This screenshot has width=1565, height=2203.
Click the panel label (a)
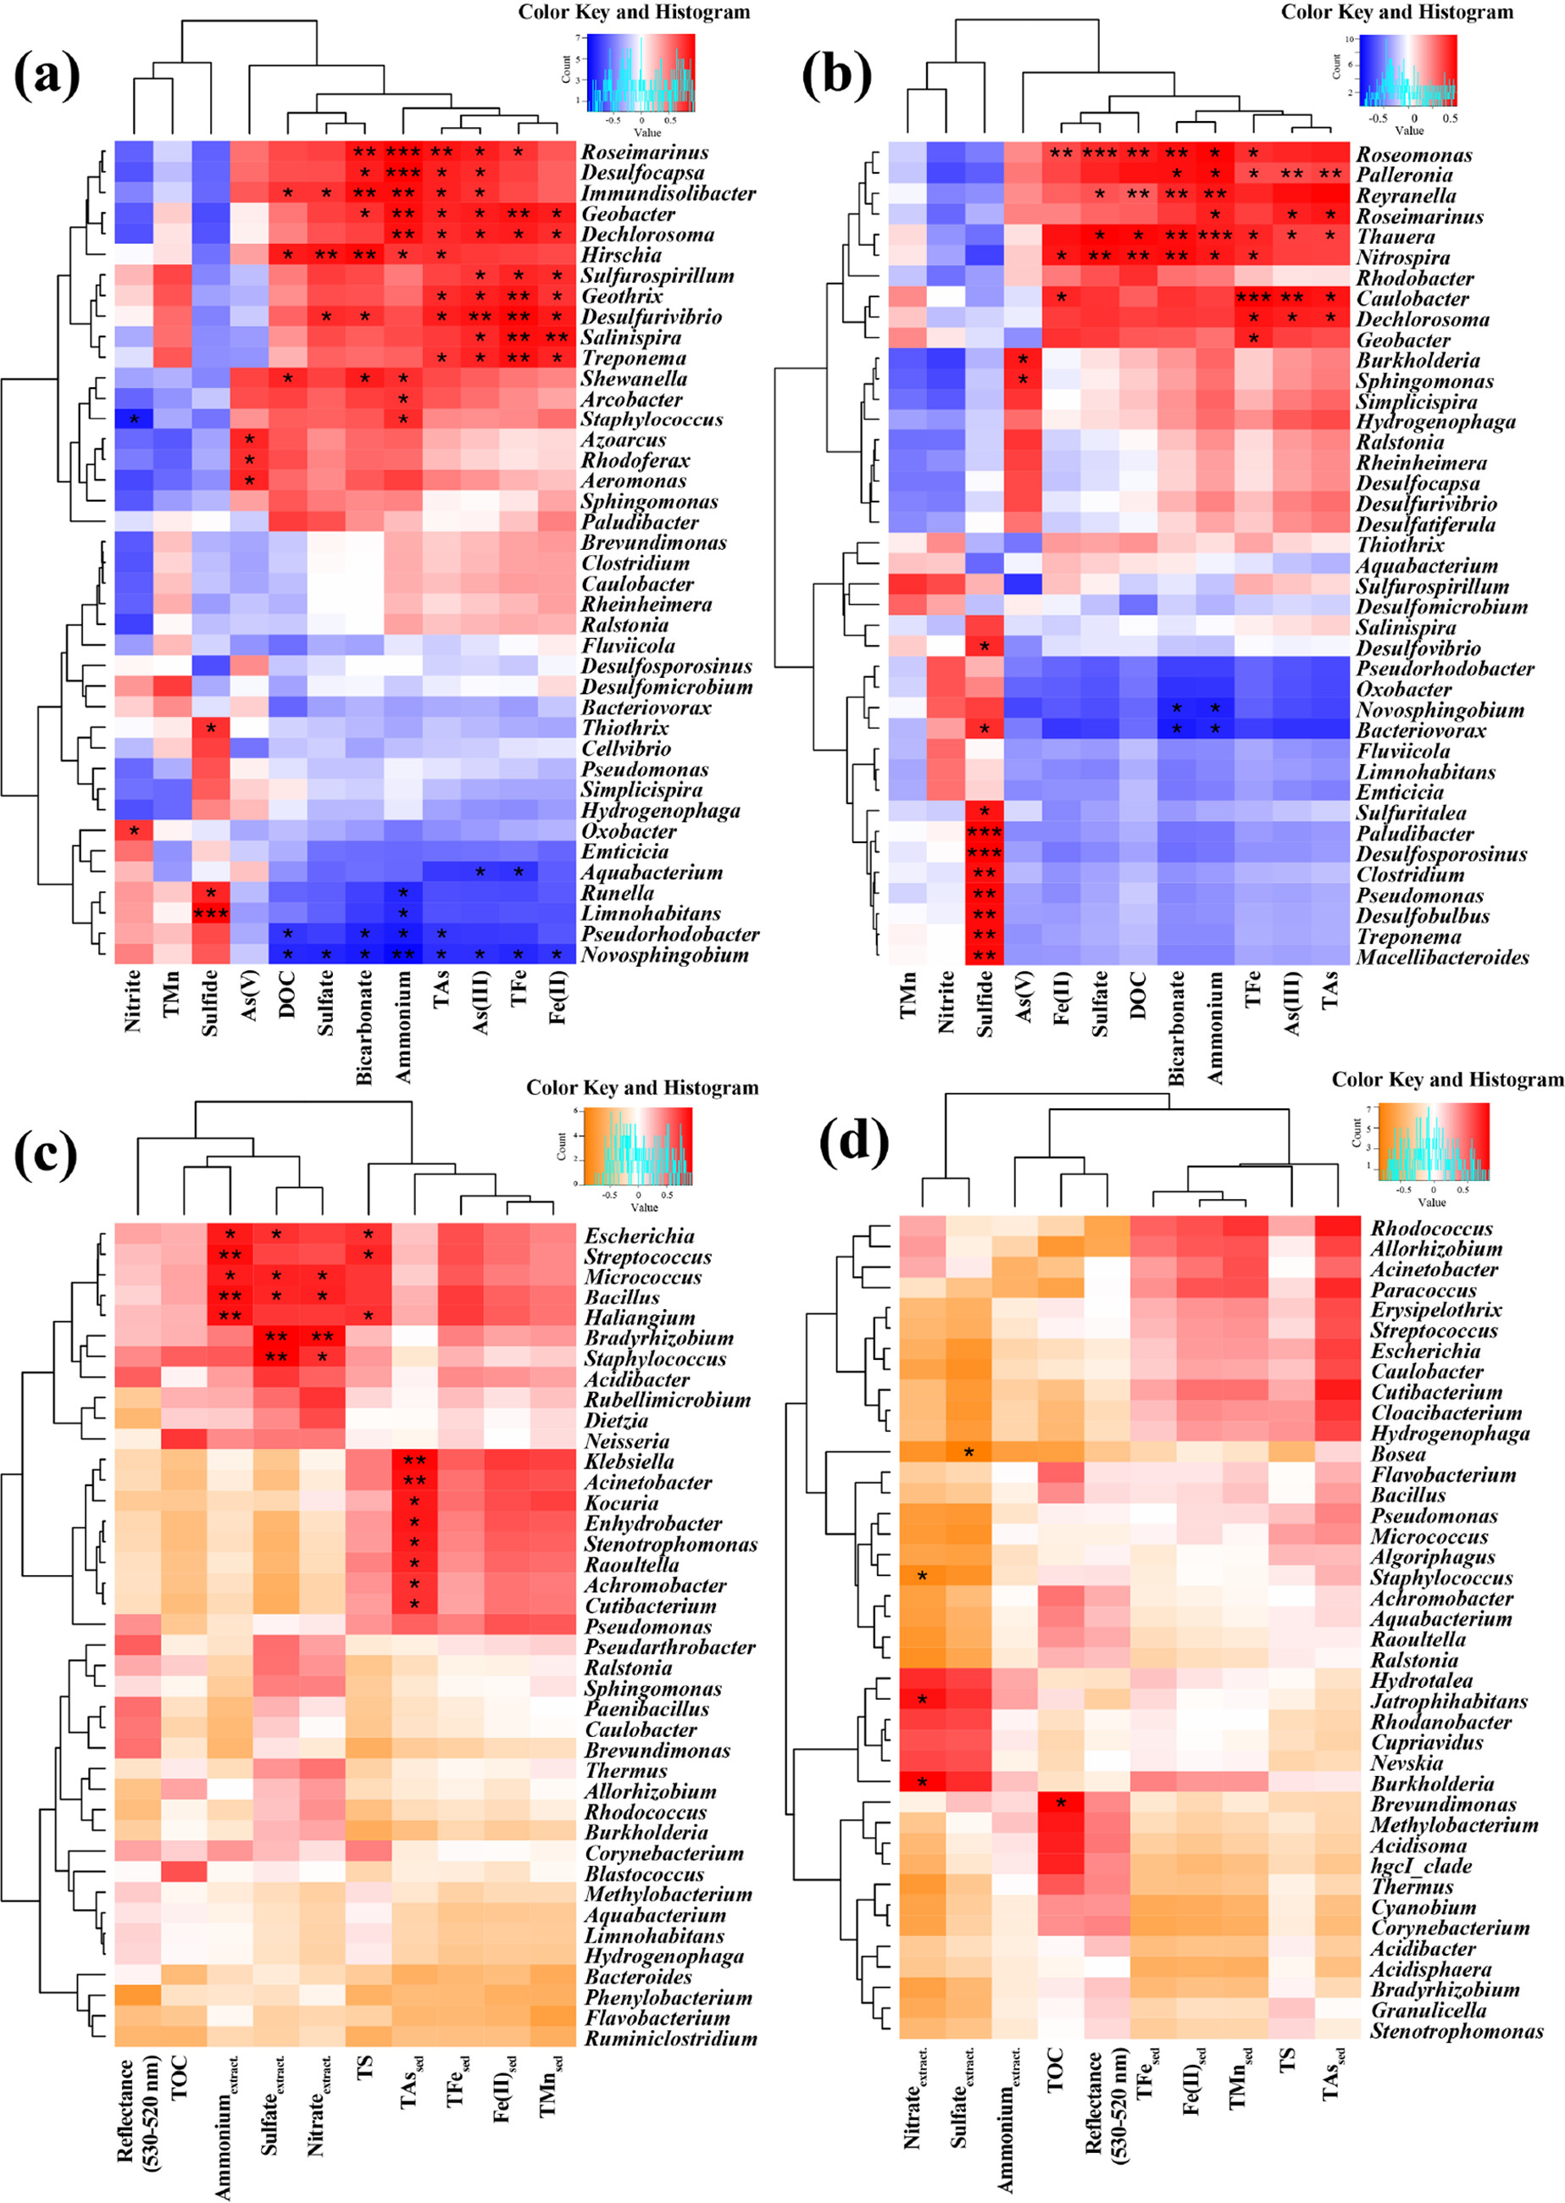47,76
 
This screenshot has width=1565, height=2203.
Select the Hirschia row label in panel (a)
620,255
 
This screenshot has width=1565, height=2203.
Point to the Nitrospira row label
1402,258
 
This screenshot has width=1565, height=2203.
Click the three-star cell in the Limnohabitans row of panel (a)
210,913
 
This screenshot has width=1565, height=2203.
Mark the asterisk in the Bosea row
969,1452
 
